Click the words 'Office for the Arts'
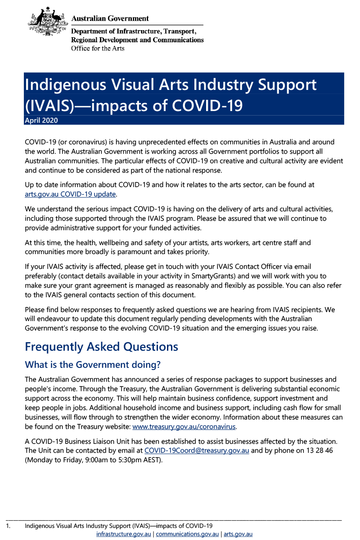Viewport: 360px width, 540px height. pyautogui.click(x=98, y=48)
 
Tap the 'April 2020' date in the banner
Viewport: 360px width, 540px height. pyautogui.click(x=41, y=120)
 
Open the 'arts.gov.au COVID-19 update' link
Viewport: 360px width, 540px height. pyautogui.click(x=71, y=194)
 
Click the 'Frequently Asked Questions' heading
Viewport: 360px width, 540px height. pyautogui.click(x=101, y=347)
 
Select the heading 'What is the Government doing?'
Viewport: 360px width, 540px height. pyautogui.click(x=92, y=364)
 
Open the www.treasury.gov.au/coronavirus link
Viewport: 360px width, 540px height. pyautogui.click(x=184, y=426)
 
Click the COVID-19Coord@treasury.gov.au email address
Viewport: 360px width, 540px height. pyautogui.click(x=197, y=451)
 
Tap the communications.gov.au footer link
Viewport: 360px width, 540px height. pyautogui.click(x=187, y=534)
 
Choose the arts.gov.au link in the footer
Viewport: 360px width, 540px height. pyautogui.click(x=238, y=534)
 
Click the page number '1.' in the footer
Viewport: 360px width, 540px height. pyautogui.click(x=8, y=526)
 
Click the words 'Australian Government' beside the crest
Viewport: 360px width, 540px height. pyautogui.click(x=110, y=18)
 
